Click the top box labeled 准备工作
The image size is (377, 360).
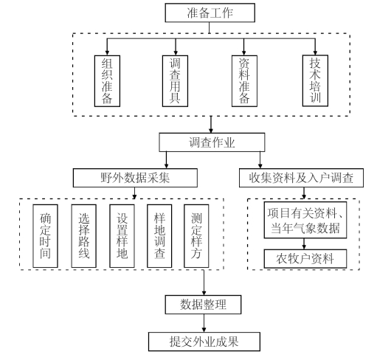pos(210,13)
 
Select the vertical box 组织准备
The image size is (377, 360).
pos(107,81)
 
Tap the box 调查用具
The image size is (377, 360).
pos(175,81)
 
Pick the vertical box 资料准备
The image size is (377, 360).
pos(244,81)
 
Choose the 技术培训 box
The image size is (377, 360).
pos(315,80)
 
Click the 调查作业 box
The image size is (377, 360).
pos(212,142)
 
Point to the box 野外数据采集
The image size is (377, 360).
pos(135,178)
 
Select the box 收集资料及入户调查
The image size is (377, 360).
pos(301,178)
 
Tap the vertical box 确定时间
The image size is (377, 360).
pos(46,236)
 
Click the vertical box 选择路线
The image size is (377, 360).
pos(84,236)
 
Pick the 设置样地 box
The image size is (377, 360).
pos(122,236)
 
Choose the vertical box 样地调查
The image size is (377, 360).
pos(159,236)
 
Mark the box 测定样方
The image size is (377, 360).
pos(196,236)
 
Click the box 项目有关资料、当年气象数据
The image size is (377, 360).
pos(305,220)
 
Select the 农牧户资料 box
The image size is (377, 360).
pos(305,259)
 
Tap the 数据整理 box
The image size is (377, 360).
pos(203,305)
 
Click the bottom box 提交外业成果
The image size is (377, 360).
pos(204,342)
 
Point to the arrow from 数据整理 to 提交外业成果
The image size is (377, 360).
pos(204,323)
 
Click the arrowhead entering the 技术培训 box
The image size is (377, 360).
pos(315,53)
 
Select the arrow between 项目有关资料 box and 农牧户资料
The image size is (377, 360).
pos(304,243)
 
